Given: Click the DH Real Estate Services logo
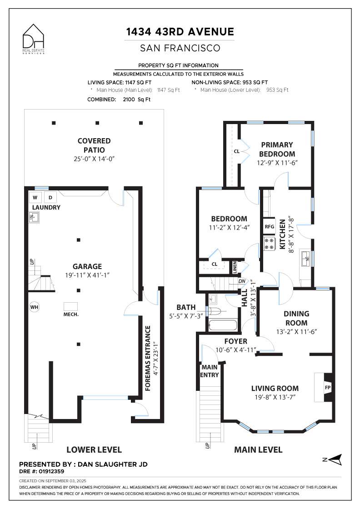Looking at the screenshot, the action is [34, 39].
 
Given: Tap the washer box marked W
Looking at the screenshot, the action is [35, 197].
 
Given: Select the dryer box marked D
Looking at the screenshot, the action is [50, 197].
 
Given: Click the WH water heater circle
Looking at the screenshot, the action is [35, 307].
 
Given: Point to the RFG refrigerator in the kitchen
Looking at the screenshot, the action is [270, 227].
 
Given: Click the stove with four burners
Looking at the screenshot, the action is [270, 244].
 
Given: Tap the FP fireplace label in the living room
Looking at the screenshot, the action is [328, 387].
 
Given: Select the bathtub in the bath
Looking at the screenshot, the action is [223, 325].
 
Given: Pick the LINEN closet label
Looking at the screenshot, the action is [235, 267].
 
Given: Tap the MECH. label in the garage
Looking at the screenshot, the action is [71, 314].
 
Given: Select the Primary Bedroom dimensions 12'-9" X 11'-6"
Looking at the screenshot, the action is [277, 163].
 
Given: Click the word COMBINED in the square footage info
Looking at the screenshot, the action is [102, 100].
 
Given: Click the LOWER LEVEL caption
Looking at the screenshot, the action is [94, 449].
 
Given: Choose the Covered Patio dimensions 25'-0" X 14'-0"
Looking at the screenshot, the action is [94, 159].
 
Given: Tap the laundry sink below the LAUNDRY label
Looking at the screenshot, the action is [34, 217].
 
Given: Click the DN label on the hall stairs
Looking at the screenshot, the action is [242, 281].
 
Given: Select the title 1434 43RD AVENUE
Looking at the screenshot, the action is [180, 31].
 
